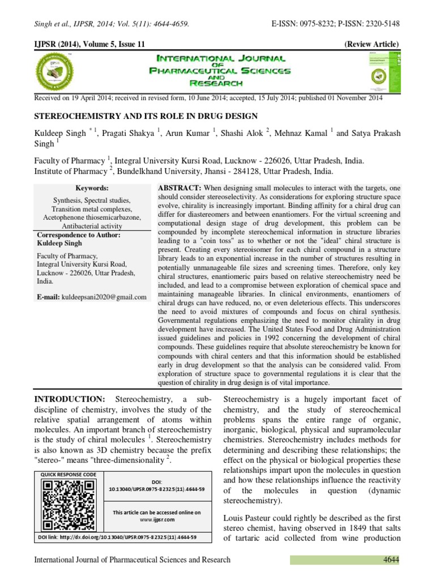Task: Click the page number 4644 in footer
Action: (x=390, y=560)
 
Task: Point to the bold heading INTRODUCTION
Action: (x=70, y=400)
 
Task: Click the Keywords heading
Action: (x=92, y=188)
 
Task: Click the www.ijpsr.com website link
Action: (x=156, y=519)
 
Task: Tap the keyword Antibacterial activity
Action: (x=92, y=225)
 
